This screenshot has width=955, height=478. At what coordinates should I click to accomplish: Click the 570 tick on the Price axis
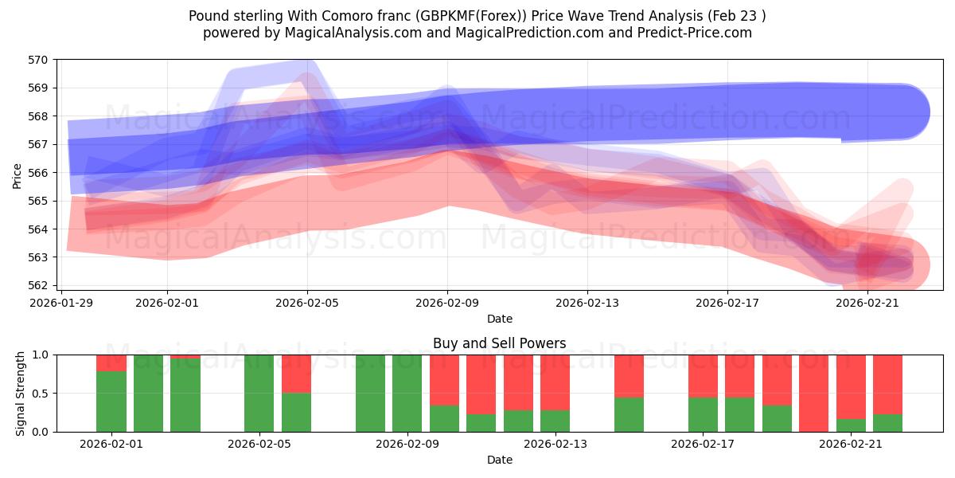(38, 60)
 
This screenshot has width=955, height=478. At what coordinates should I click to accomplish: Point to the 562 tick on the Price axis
(38, 285)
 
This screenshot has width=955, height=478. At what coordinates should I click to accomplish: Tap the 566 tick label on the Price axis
(38, 173)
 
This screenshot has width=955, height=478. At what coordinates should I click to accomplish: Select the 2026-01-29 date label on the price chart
(62, 303)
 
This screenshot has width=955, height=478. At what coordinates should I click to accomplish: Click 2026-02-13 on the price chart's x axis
(587, 303)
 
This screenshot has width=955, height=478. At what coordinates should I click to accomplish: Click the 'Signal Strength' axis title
(21, 393)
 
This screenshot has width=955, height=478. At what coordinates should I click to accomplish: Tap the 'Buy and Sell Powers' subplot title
(499, 343)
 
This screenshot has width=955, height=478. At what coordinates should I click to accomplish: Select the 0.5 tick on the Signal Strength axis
(41, 394)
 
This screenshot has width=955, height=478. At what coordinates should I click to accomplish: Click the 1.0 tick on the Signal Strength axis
(41, 355)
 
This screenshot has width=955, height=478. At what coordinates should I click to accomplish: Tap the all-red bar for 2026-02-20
(813, 394)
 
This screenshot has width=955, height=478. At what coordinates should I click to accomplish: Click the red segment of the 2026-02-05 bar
(296, 374)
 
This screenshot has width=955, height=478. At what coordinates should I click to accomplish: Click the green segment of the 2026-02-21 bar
(851, 425)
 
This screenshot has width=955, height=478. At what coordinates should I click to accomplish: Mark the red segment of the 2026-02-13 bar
(555, 382)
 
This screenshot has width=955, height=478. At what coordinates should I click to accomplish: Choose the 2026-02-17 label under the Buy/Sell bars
(703, 444)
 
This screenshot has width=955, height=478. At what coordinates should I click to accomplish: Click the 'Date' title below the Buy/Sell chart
(499, 460)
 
